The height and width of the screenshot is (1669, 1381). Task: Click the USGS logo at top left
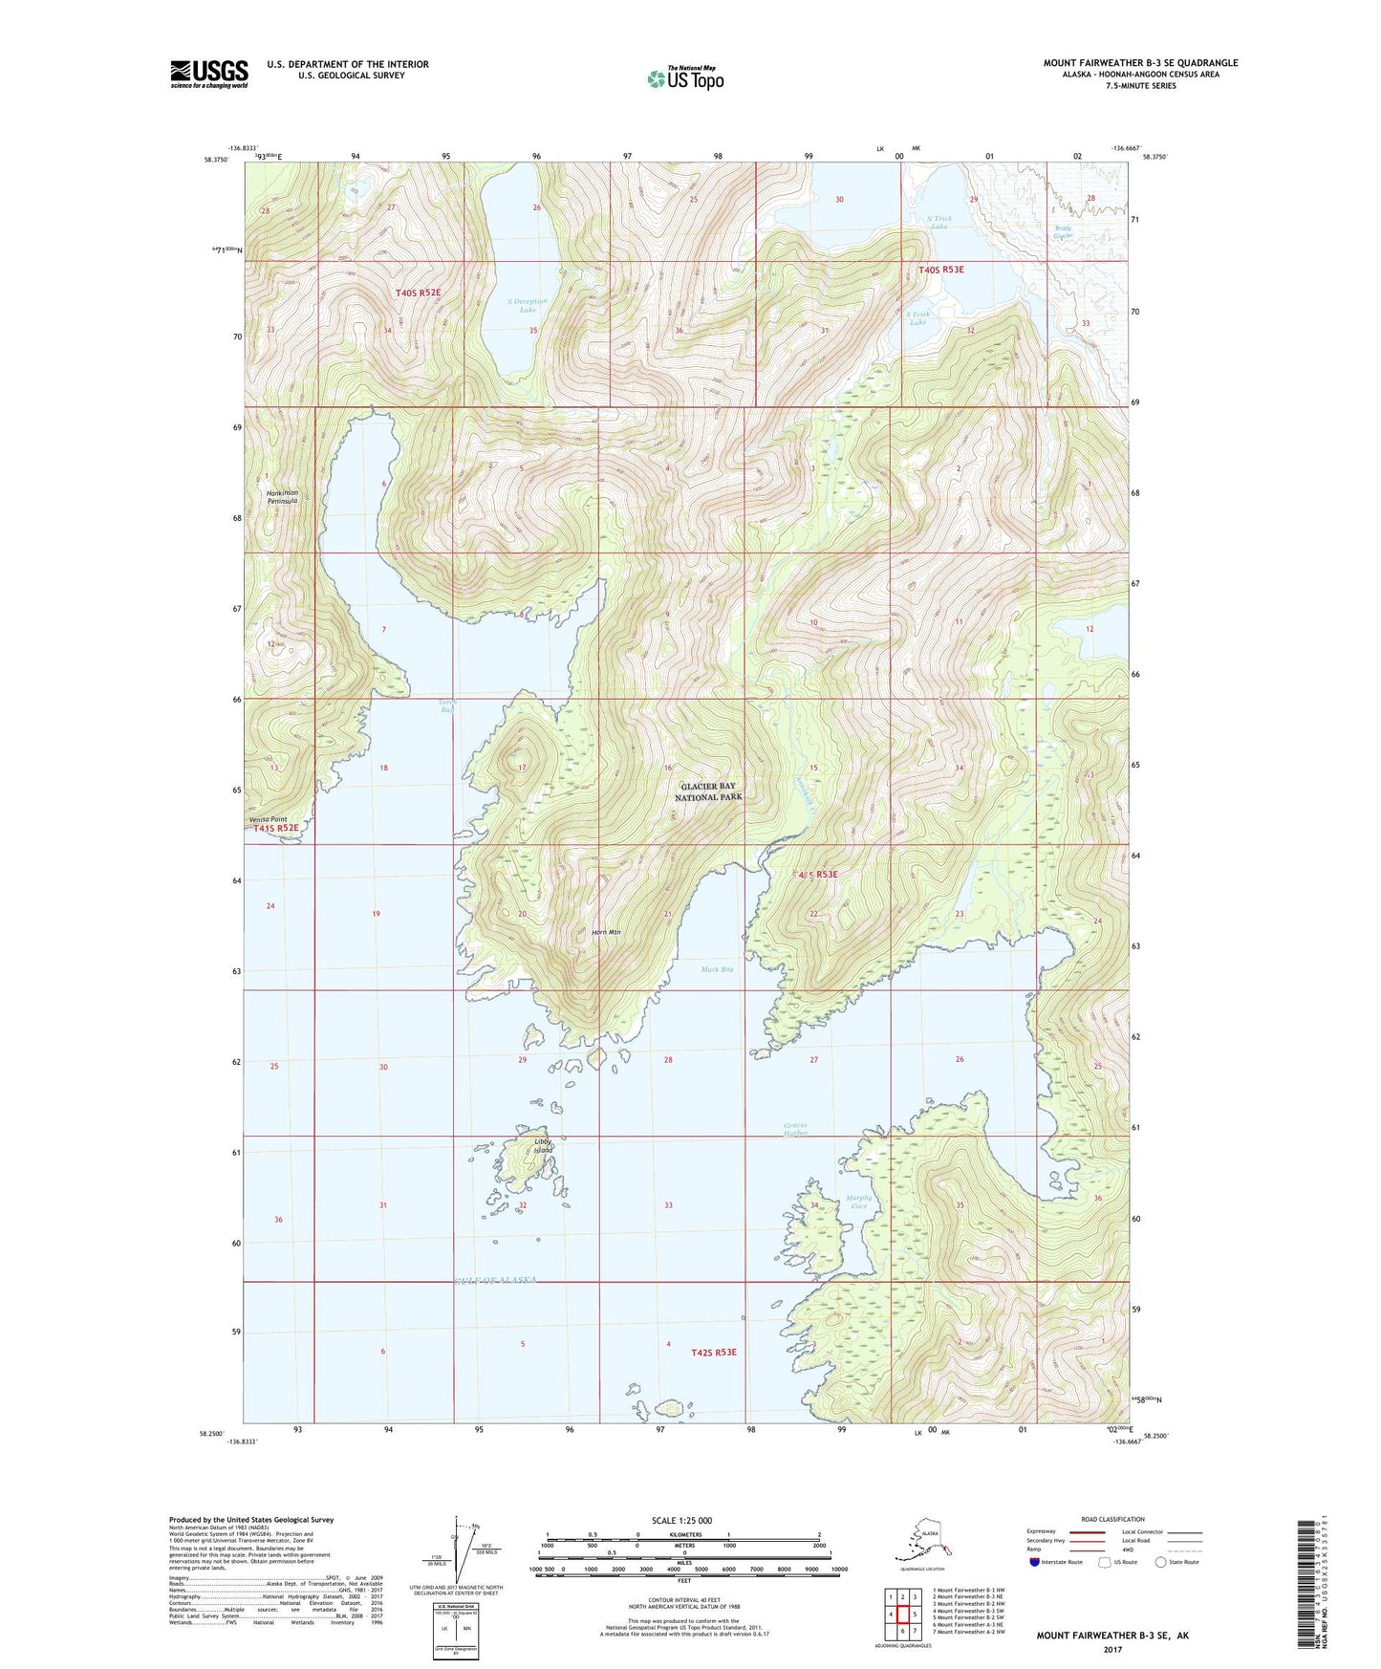tap(208, 74)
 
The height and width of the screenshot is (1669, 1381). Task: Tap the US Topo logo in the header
tap(685, 77)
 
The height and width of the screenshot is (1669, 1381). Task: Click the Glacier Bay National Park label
tap(708, 791)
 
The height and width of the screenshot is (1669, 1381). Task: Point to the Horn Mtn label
tap(606, 933)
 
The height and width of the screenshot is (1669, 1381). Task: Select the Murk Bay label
tap(717, 969)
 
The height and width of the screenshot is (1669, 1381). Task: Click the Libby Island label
tap(543, 1145)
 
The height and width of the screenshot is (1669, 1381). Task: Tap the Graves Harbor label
tap(796, 1129)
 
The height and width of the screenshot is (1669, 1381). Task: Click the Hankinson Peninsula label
tap(282, 497)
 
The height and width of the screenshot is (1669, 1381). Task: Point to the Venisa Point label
tap(268, 819)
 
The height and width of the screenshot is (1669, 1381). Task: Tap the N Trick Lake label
tap(939, 222)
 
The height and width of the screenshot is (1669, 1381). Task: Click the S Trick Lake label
tap(917, 317)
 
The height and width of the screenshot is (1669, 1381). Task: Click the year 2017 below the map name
tap(1111, 1649)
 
